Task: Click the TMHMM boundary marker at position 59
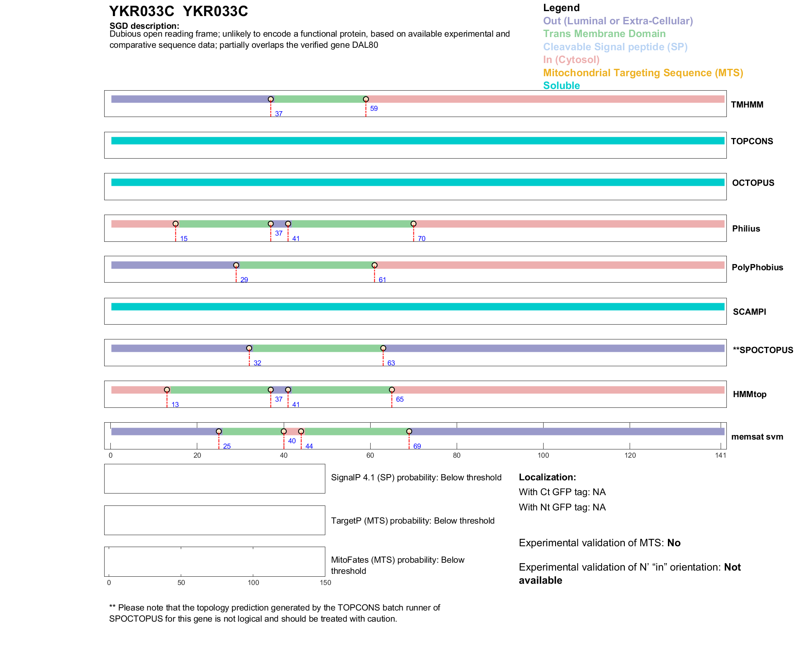366,99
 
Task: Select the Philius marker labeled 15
175,224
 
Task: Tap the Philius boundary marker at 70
413,224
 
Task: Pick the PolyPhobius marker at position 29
236,265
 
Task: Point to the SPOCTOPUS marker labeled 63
383,349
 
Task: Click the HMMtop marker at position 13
167,390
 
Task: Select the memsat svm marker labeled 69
409,431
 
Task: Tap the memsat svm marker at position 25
219,431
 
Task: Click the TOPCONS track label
752,141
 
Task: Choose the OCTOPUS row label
753,183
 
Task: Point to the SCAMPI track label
749,312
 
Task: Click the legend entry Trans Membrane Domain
604,34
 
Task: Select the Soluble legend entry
561,86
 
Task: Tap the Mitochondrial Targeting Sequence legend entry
643,73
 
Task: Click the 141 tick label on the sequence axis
721,455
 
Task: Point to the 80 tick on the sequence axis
457,455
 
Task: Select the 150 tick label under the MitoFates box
325,582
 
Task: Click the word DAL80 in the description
365,45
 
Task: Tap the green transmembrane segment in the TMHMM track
318,99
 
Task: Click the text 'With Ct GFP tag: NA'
562,492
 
